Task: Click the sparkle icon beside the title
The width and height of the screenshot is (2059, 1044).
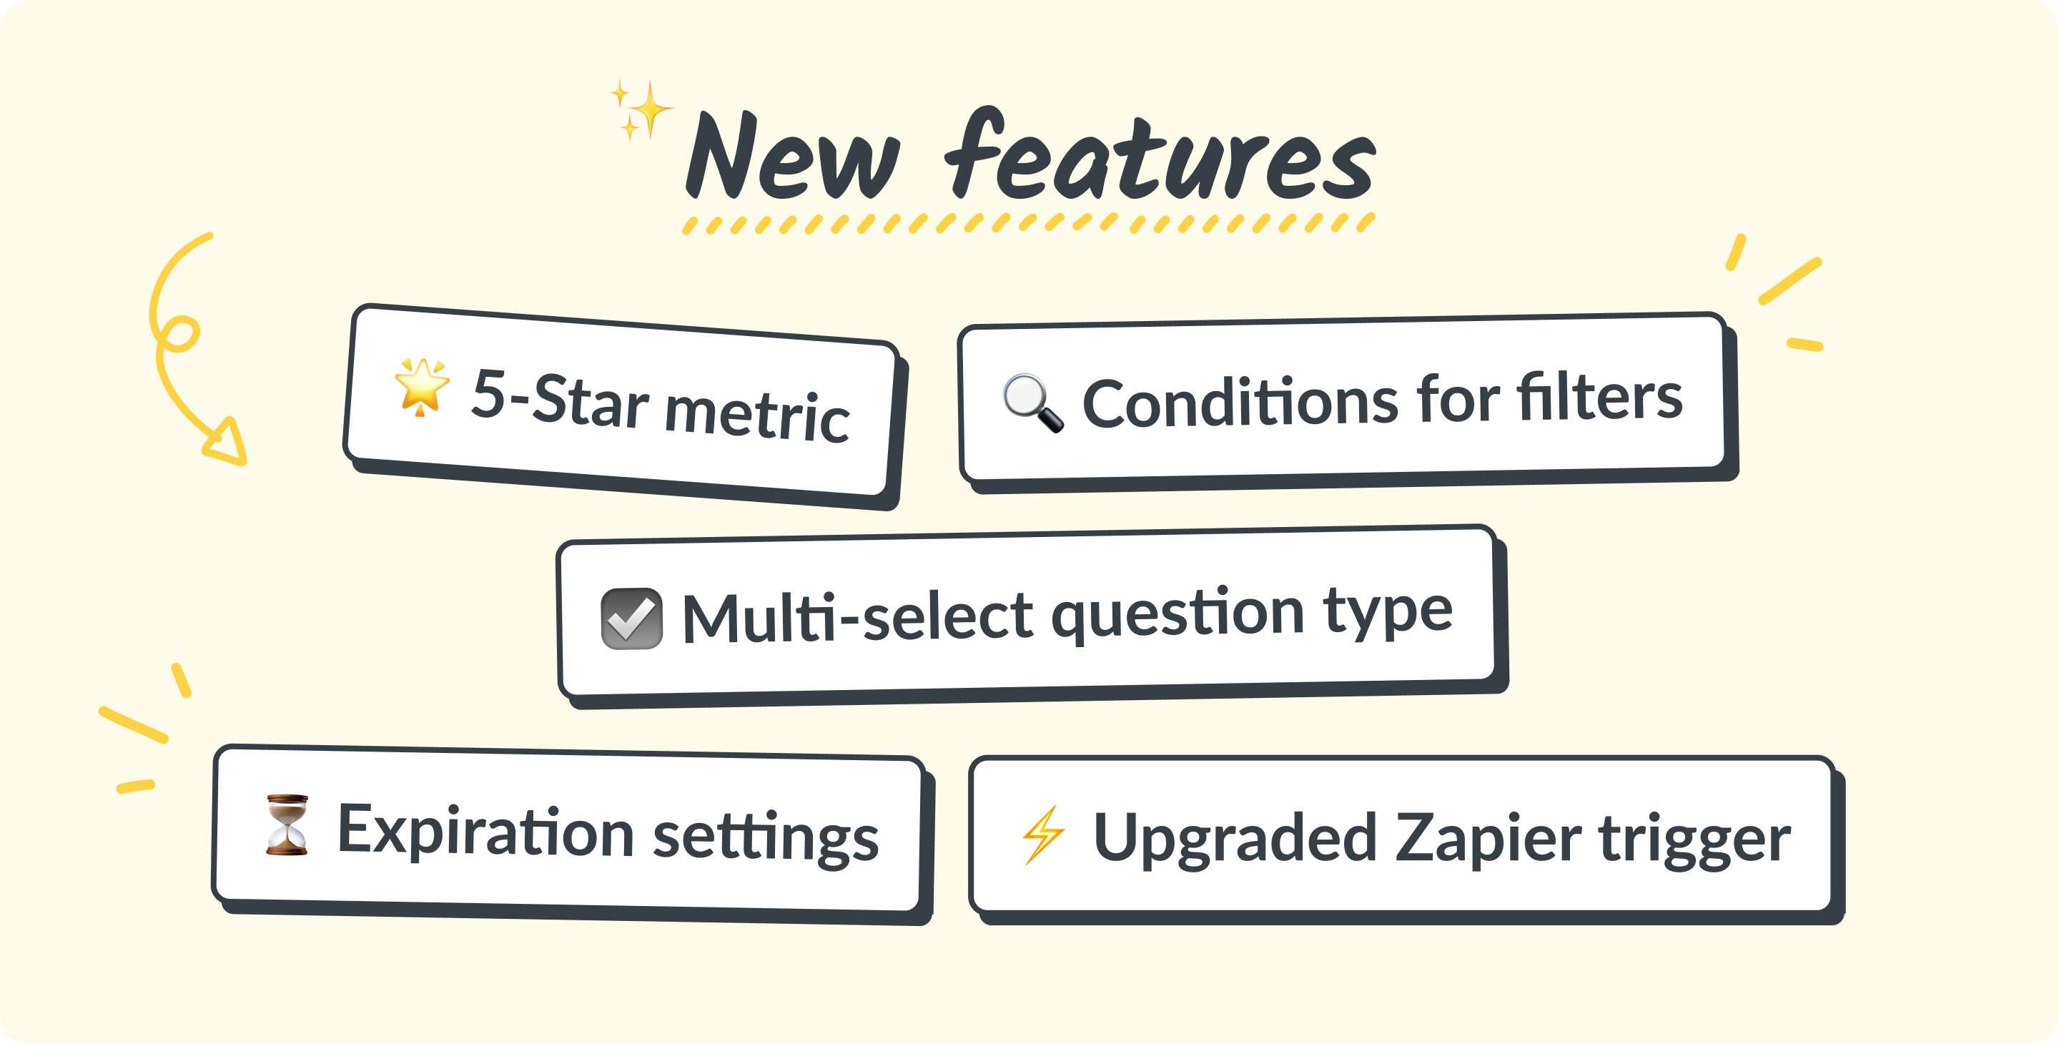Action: click(x=641, y=109)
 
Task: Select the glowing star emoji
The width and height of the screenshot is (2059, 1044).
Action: click(x=421, y=387)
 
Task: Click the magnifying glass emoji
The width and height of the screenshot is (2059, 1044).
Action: click(x=1032, y=403)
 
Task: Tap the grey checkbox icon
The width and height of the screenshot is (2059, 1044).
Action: click(x=631, y=619)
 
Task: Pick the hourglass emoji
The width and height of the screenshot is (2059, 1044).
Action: click(x=287, y=825)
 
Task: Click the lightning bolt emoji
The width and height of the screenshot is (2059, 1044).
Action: click(x=1043, y=834)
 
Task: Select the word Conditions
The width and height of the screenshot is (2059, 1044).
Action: click(x=1240, y=401)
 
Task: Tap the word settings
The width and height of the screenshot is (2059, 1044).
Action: click(x=766, y=838)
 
